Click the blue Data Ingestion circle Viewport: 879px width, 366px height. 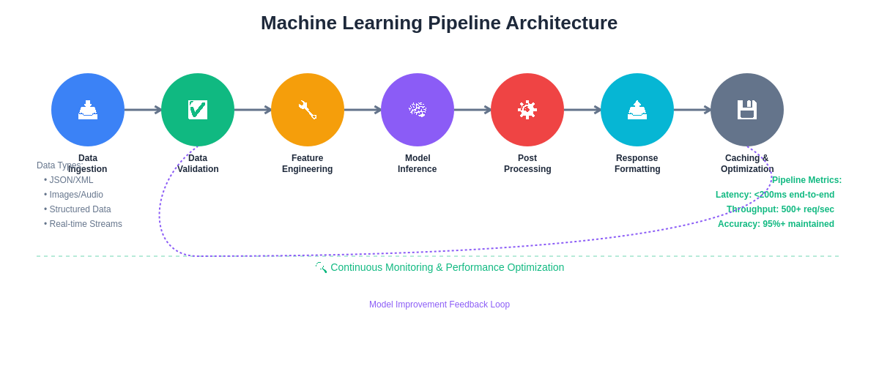pyautogui.click(x=88, y=110)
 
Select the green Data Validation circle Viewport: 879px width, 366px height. pyautogui.click(x=198, y=110)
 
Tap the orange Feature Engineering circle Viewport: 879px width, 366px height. pyautogui.click(x=308, y=110)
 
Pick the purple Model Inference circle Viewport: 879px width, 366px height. pyautogui.click(x=418, y=110)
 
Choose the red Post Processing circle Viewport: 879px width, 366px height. pyautogui.click(x=527, y=110)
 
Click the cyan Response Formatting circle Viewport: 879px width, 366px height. pyautogui.click(x=637, y=110)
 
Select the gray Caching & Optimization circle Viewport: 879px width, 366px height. pyautogui.click(x=747, y=110)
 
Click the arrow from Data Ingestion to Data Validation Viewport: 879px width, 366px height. pyautogui.click(x=143, y=110)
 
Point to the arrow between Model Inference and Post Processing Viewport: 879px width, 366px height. pyautogui.click(x=472, y=110)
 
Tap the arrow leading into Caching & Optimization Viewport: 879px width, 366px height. pyautogui.click(x=692, y=110)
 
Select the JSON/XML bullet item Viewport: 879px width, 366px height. pyautogui.click(x=71, y=180)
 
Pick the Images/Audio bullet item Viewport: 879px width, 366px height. pyautogui.click(x=76, y=195)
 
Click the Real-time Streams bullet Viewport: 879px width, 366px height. pyautogui.click(x=86, y=224)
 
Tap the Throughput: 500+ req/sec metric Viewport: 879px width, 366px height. pyautogui.click(x=781, y=209)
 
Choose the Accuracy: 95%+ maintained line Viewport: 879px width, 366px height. pyautogui.click(x=776, y=224)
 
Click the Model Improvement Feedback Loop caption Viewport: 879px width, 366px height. pyautogui.click(x=439, y=305)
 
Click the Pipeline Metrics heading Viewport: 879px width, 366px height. pyautogui.click(x=806, y=180)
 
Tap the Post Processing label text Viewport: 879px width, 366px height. pyautogui.click(x=527, y=164)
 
